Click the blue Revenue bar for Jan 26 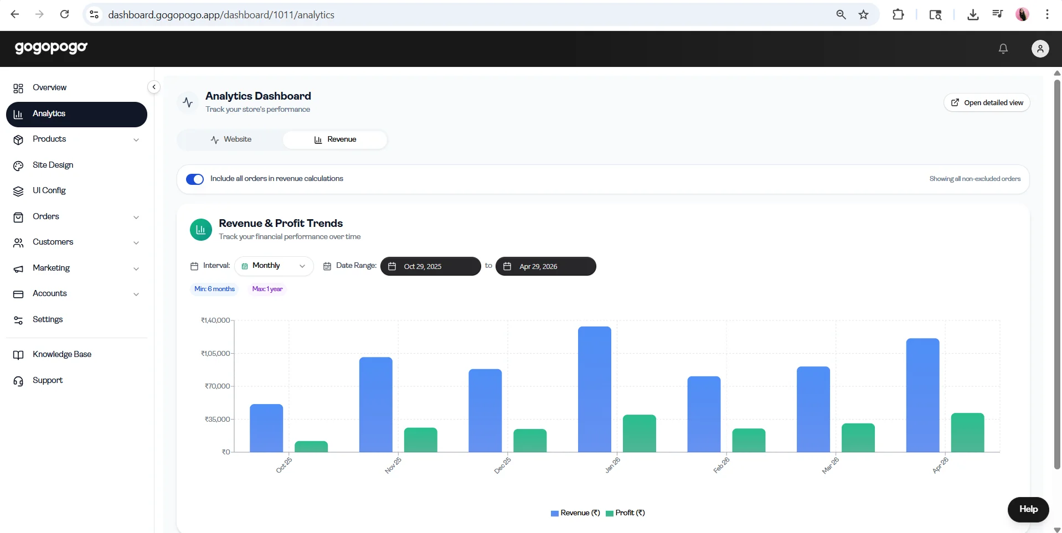tap(595, 389)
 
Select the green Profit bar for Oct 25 tap(311, 447)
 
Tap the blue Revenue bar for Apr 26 tap(922, 395)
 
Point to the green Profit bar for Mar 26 tap(858, 438)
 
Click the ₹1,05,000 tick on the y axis tap(215, 353)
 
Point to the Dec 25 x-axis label tap(503, 465)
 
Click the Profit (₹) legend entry tap(626, 513)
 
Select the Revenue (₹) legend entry tap(576, 513)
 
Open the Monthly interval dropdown tap(274, 266)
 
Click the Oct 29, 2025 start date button tap(431, 266)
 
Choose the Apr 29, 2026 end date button tap(546, 266)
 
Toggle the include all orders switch tap(195, 179)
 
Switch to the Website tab tap(231, 139)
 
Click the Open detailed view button tap(987, 102)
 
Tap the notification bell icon tap(1003, 49)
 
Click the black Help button tap(1028, 510)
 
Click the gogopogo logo tap(51, 48)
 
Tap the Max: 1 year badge tap(267, 289)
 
